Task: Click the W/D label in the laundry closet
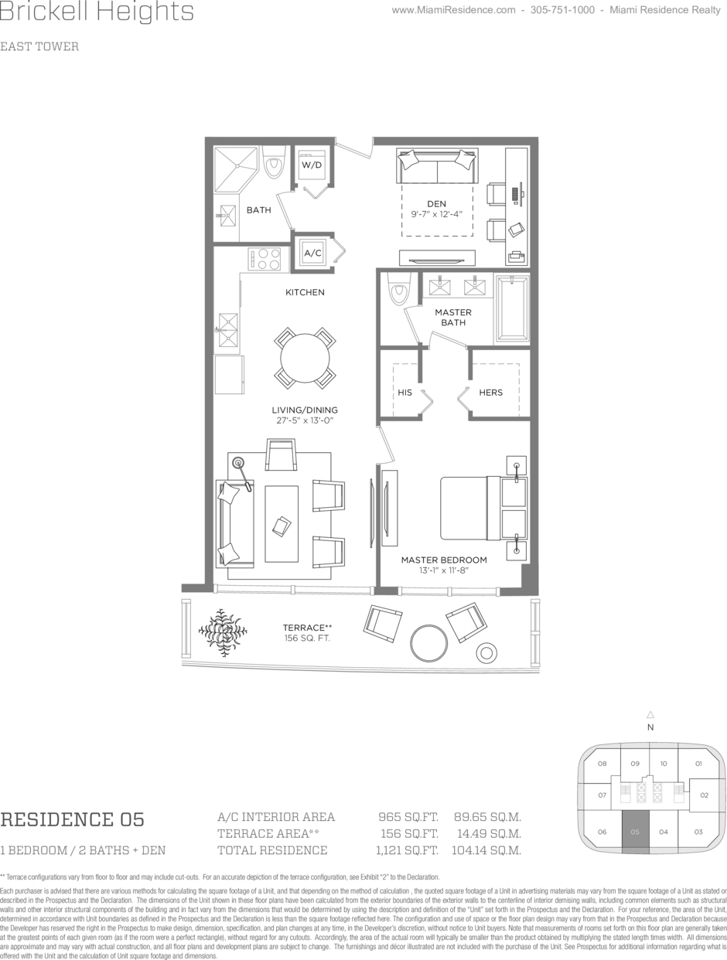312,165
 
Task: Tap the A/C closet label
312,253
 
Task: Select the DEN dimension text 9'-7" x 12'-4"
436,214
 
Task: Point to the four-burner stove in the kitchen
265,259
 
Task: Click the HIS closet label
404,393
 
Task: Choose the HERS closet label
491,393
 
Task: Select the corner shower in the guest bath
235,169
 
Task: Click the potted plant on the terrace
223,632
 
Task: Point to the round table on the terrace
428,645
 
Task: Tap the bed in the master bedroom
483,508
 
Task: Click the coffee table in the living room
282,523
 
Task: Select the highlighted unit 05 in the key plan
635,832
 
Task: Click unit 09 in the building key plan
635,764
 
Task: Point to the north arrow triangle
650,715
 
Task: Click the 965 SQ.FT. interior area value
408,817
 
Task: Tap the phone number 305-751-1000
562,10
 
